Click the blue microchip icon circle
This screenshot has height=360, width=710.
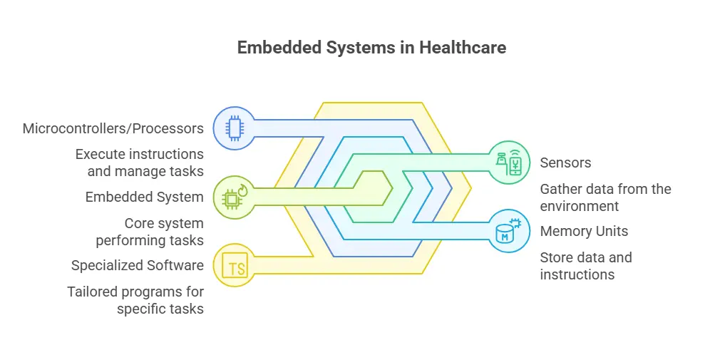point(233,128)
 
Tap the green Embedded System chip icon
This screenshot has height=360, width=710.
point(233,197)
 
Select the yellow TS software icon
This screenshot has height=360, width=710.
point(234,266)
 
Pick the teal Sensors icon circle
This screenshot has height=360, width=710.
point(509,163)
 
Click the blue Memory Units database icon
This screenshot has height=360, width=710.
point(509,231)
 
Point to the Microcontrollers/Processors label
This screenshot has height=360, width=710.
point(113,128)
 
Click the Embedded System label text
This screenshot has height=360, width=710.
point(145,197)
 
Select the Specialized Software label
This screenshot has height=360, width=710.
point(138,266)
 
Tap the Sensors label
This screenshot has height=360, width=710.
point(565,163)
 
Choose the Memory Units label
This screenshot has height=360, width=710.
point(584,231)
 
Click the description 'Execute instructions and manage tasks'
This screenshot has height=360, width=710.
point(139,163)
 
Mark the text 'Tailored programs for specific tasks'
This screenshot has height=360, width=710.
point(135,300)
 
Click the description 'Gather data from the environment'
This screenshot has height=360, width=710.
point(605,197)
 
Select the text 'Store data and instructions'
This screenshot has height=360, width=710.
point(585,266)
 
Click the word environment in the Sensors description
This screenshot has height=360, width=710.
point(579,206)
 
